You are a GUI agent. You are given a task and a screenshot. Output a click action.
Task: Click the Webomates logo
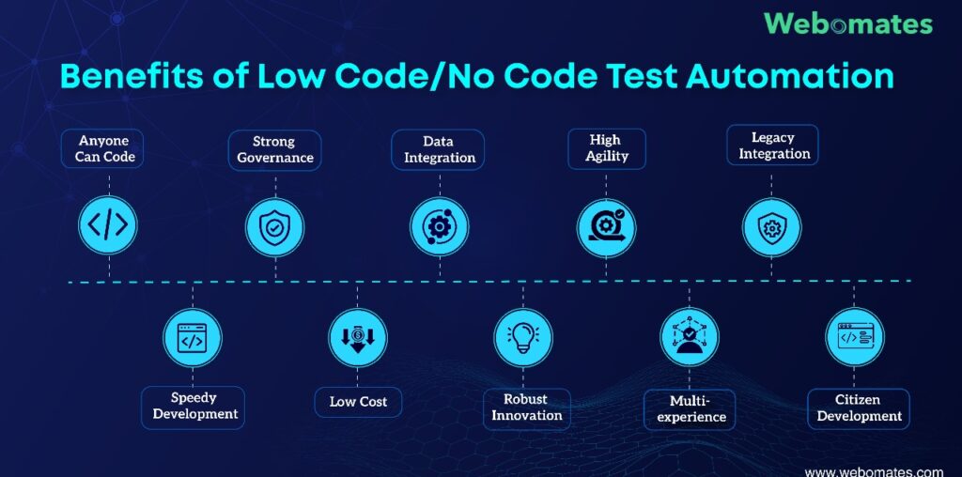[x=848, y=23]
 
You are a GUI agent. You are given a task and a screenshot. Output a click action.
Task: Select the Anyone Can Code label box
[x=101, y=148]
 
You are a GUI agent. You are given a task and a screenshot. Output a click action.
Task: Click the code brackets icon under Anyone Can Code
[x=108, y=225]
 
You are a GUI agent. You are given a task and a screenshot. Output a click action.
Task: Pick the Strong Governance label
[x=275, y=149]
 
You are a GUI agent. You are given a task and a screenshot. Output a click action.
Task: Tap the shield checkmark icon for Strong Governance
[x=275, y=227]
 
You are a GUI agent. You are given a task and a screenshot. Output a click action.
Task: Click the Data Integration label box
[x=438, y=149]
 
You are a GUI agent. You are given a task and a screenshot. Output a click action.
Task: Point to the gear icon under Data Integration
[x=440, y=227]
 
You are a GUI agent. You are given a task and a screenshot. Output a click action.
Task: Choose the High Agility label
[x=606, y=148]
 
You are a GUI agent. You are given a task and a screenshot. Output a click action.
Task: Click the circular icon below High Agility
[x=606, y=228]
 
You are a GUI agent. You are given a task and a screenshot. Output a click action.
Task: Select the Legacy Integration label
[x=772, y=146]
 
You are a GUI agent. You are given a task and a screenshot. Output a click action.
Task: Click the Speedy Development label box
[x=194, y=408]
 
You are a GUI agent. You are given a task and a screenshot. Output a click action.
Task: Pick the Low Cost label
[x=358, y=402]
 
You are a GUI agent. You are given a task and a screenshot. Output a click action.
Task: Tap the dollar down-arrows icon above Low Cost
[x=358, y=338]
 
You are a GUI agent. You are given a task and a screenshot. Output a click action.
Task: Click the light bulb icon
[x=523, y=338]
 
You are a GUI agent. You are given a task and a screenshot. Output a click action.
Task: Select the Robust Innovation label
[x=526, y=408]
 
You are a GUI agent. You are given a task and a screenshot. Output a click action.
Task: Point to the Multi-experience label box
[x=690, y=409]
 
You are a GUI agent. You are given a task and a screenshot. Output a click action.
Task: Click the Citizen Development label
[x=859, y=408]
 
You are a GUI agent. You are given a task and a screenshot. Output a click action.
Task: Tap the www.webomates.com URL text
[x=874, y=472]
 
